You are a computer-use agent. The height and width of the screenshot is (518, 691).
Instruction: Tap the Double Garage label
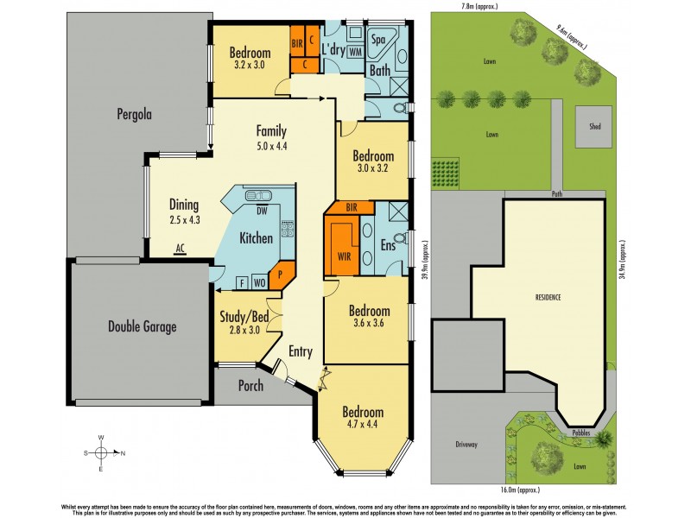click(143, 326)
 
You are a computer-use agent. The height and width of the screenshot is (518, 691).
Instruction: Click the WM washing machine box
click(355, 52)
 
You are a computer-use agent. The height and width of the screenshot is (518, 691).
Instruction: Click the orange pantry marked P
click(281, 277)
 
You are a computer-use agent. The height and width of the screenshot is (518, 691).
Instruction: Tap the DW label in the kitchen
click(261, 210)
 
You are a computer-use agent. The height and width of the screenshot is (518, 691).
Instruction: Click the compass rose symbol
click(101, 452)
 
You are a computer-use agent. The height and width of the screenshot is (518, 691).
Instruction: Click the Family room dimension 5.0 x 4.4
click(270, 146)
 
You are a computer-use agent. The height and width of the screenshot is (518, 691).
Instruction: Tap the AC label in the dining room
click(181, 248)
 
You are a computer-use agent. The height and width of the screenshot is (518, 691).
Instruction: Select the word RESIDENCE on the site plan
click(547, 297)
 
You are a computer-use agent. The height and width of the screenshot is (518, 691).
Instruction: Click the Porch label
click(250, 386)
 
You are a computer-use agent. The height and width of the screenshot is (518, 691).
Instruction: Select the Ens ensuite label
click(388, 246)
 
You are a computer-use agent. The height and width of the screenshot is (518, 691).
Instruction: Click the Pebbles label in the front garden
click(580, 430)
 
